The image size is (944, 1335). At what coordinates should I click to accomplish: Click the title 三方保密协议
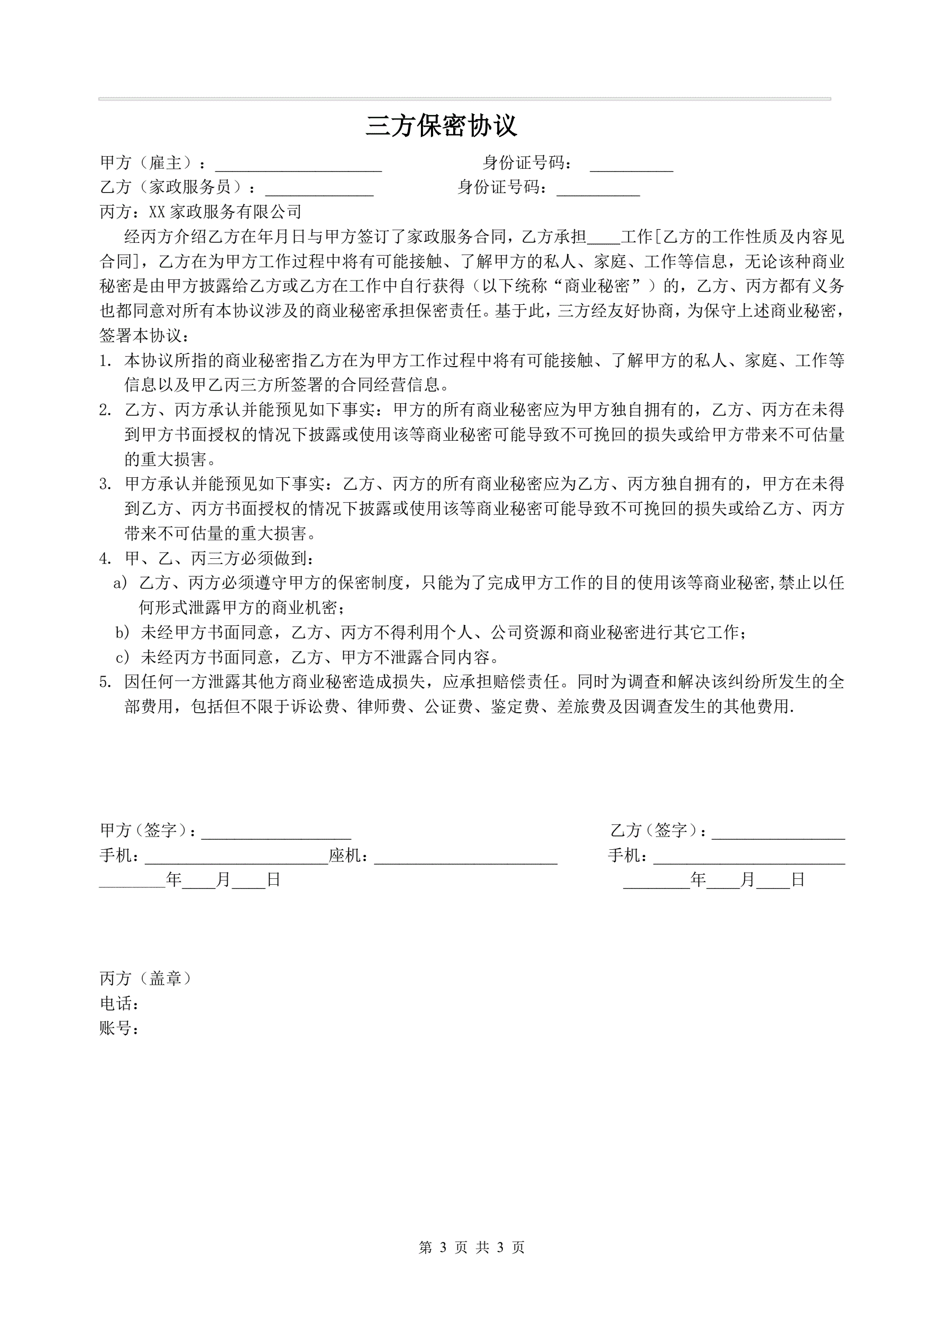tap(441, 126)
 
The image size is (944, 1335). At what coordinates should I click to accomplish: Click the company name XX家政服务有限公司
tap(225, 212)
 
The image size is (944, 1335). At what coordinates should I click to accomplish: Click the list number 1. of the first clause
tap(105, 361)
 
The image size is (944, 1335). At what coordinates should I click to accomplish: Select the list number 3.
tap(105, 484)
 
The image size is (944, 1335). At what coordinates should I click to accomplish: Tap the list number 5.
tap(105, 682)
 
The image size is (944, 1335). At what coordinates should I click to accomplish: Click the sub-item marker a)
tap(121, 583)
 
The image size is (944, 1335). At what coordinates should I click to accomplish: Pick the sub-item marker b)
tap(122, 633)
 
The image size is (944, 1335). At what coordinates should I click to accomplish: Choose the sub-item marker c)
tap(122, 658)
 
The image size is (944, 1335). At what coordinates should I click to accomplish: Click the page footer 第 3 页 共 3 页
tap(471, 1248)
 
